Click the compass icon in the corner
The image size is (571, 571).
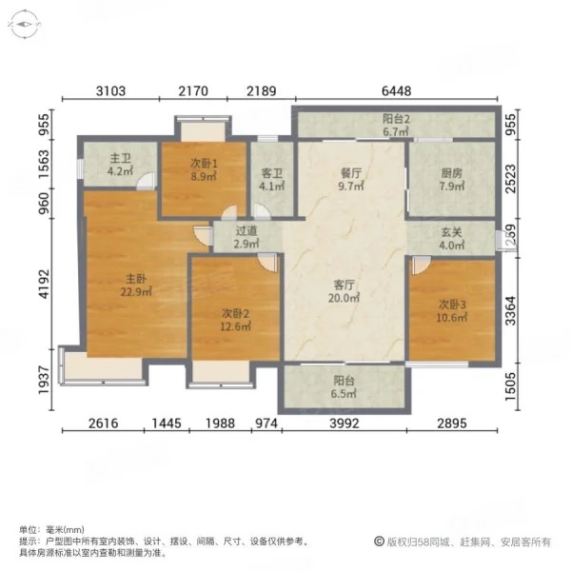(24, 25)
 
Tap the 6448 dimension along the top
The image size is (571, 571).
(396, 90)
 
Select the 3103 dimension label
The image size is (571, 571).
(110, 90)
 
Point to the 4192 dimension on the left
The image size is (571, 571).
(45, 284)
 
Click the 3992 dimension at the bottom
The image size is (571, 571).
(345, 423)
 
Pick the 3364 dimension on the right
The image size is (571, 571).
(511, 310)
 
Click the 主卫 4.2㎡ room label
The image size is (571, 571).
(120, 165)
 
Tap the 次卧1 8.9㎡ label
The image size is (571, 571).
(204, 169)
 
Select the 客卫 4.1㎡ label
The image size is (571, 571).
(271, 180)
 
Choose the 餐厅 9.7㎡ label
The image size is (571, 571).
(350, 179)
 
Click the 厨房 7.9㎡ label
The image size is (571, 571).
(451, 179)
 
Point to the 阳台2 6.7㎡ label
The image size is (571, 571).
(396, 126)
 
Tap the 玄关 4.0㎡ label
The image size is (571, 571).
(451, 239)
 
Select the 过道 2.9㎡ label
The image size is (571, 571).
(246, 237)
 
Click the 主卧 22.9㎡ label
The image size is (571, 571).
(136, 285)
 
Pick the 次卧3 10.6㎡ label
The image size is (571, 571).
(452, 310)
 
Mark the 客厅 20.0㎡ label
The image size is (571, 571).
(344, 291)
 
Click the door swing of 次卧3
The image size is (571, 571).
(422, 266)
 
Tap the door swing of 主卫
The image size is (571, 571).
(146, 181)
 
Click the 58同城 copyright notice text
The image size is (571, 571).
(463, 541)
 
